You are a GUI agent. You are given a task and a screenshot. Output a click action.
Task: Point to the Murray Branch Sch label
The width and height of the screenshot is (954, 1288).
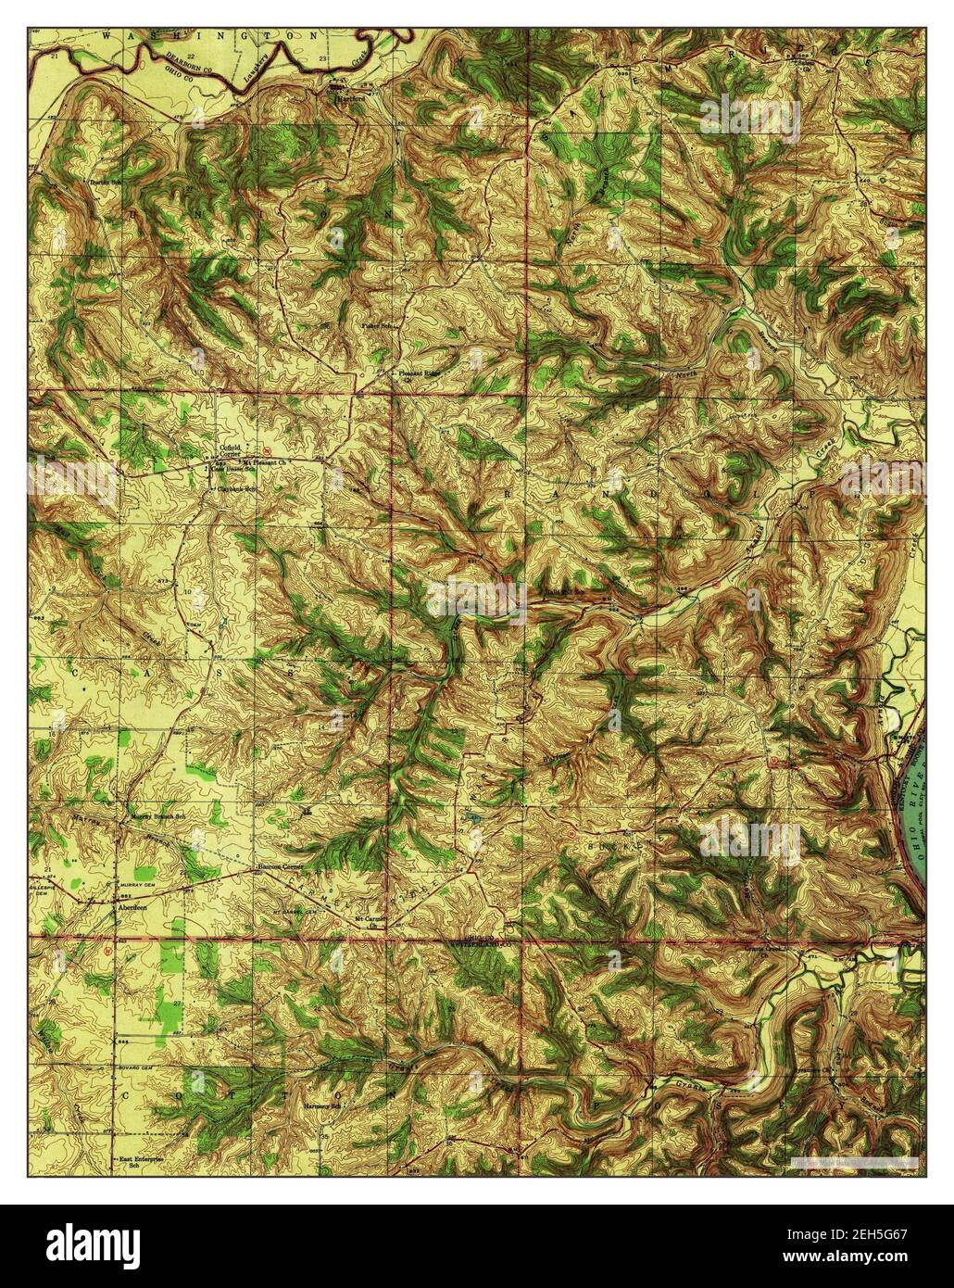coord(157,818)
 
